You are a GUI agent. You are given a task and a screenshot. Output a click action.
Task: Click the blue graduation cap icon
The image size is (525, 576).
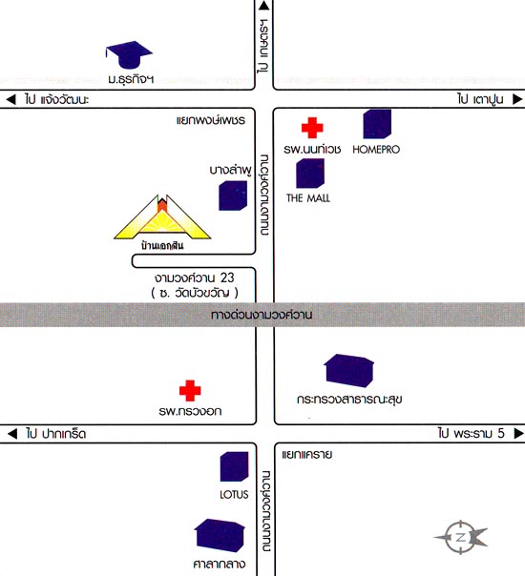coord(129,54)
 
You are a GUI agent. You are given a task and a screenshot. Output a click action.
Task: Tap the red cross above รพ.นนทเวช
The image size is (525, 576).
coord(312,128)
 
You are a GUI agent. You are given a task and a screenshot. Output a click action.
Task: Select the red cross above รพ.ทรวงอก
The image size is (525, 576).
coord(190,390)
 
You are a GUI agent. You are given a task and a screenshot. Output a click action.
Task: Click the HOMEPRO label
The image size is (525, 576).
coord(376,150)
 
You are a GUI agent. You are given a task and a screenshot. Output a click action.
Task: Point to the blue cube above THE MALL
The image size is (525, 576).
coord(310,173)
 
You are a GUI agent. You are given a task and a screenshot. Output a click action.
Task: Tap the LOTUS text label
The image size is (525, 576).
coord(234,494)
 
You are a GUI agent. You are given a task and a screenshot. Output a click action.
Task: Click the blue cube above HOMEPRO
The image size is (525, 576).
coord(377,124)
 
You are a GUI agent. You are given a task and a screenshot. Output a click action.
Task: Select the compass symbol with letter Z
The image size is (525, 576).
coord(461,537)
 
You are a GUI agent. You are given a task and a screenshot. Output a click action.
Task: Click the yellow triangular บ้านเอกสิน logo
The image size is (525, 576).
coord(162,217)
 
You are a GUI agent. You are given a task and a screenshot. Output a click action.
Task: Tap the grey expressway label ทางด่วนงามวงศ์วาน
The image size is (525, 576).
coord(262,315)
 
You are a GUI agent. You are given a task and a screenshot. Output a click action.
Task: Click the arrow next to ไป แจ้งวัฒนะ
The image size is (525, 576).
coord(11,99)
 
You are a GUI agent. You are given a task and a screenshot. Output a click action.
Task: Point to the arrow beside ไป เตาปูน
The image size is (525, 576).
coord(517,99)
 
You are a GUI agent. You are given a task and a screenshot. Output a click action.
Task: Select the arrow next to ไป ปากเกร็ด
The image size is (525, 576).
coord(12,434)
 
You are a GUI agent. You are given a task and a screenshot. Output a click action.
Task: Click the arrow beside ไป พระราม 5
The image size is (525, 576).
coord(518,434)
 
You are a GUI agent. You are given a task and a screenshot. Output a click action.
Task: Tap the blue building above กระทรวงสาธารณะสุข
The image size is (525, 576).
coord(349,371)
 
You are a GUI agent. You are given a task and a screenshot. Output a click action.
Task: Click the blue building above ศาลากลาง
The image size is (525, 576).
coord(220,535)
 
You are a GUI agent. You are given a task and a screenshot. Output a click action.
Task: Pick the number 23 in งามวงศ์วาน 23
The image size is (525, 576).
coord(227,278)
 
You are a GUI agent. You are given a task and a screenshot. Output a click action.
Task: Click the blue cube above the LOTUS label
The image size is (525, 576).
coord(234,466)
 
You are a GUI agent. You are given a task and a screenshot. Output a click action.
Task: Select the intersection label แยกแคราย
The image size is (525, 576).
coord(307,455)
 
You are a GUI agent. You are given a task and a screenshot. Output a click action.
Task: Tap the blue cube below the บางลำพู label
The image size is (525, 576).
coord(233,195)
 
